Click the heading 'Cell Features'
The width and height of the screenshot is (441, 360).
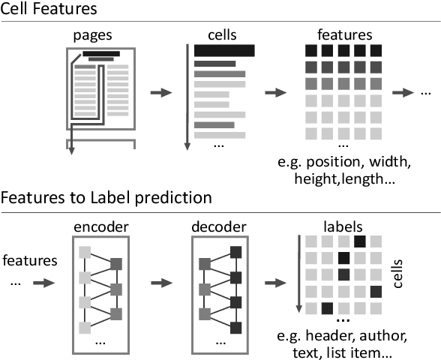click(48, 10)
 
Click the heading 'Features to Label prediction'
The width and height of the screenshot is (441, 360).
click(106, 198)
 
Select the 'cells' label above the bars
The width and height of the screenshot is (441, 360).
click(222, 35)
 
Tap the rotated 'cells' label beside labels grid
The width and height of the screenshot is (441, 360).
click(398, 274)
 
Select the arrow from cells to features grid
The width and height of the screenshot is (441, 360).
click(275, 92)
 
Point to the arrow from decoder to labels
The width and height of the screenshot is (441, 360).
click(275, 284)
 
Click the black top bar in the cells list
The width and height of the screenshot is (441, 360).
click(224, 50)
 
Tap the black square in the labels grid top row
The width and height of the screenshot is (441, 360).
click(360, 241)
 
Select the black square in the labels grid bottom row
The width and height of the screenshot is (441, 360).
click(327, 307)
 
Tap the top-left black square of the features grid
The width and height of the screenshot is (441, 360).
click(310, 51)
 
